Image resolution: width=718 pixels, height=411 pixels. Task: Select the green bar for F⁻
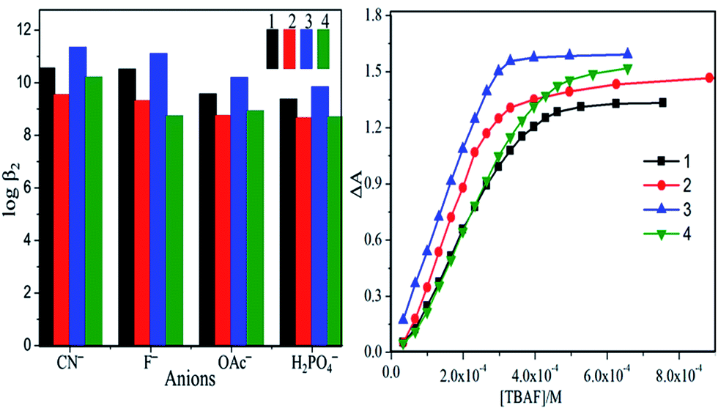point(174,230)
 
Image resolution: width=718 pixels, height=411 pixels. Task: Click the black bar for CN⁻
point(47,206)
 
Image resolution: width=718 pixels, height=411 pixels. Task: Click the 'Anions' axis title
point(190,379)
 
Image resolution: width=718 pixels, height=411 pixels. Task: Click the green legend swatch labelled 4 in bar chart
point(323,48)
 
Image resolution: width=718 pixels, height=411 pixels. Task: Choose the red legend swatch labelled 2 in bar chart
point(289,48)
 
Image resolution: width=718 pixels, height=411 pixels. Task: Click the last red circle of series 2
point(709,78)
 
